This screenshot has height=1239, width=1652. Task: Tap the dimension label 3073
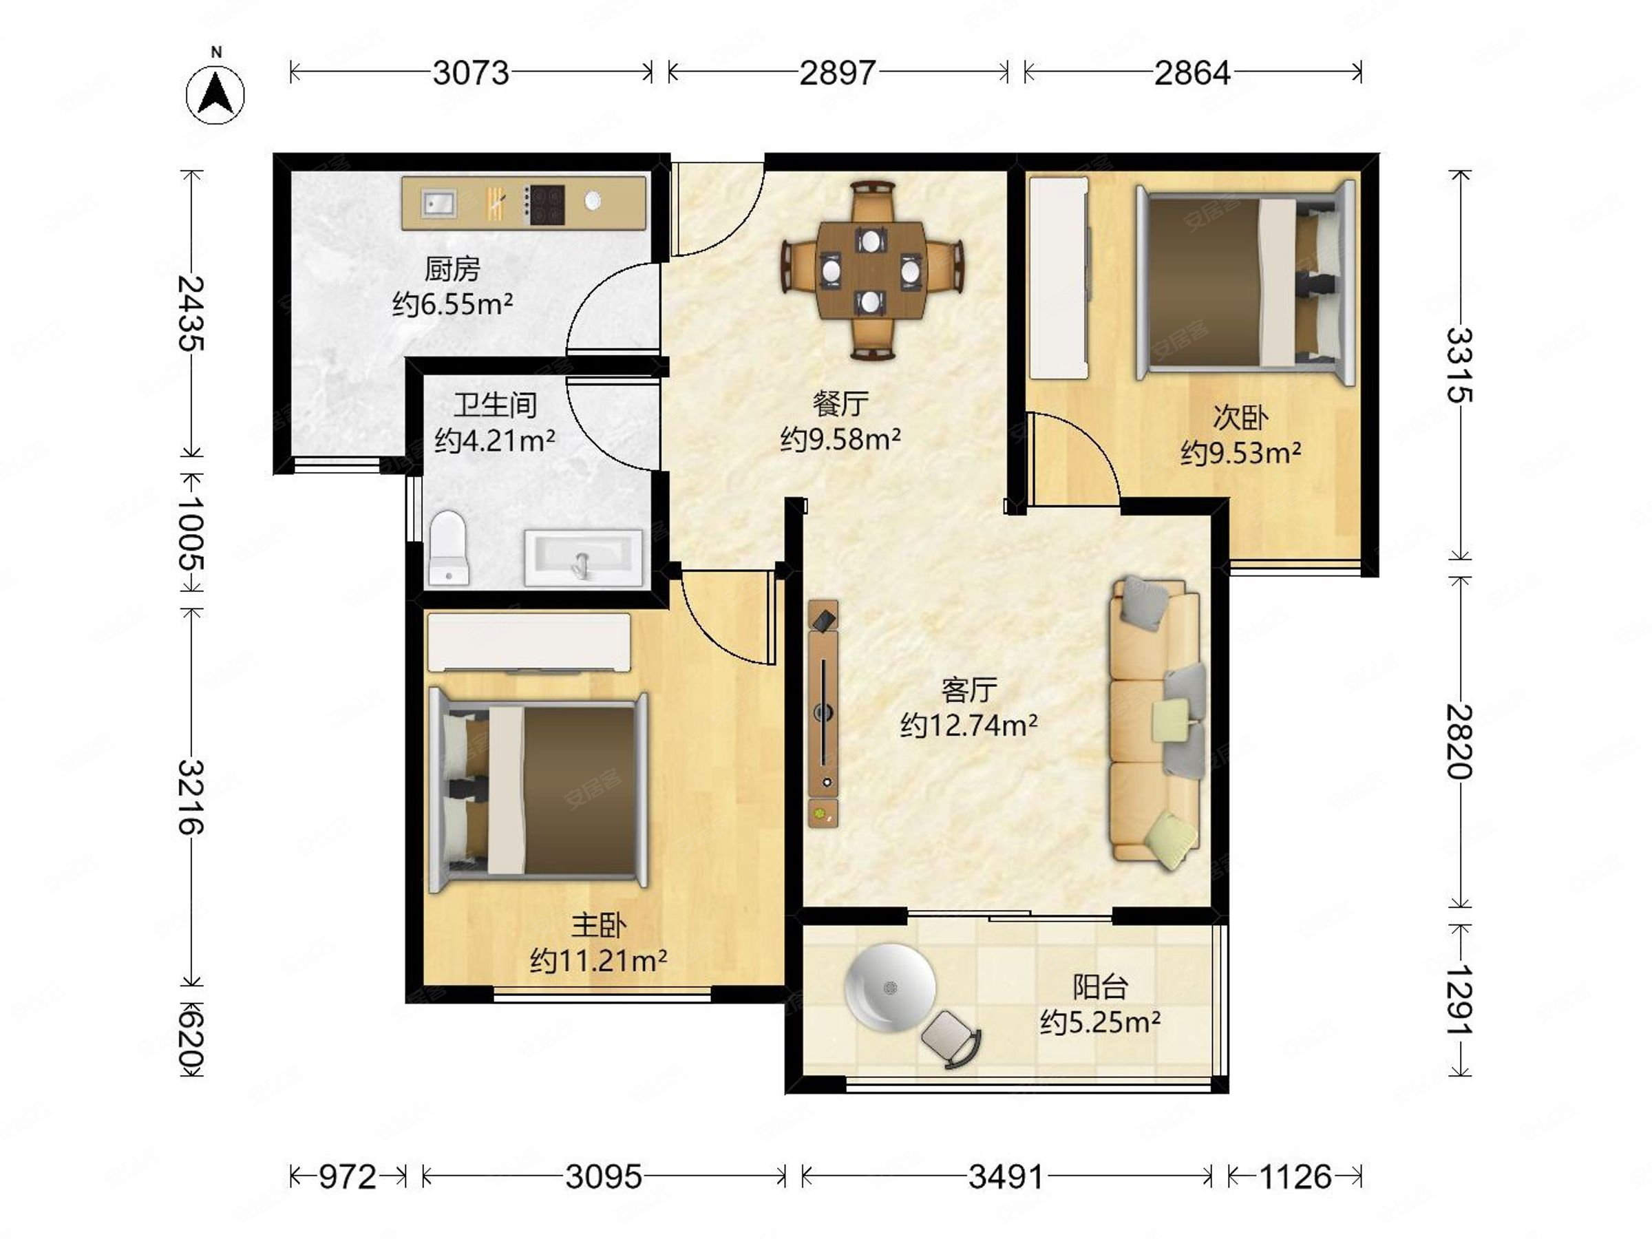tap(471, 73)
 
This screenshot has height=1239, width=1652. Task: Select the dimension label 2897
tap(837, 73)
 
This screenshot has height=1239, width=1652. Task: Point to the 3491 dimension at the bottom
tap(1006, 1177)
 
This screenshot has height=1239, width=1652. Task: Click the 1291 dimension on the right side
tap(1460, 999)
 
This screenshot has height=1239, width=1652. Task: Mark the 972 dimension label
tap(348, 1177)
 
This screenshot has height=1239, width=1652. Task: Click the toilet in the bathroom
tap(448, 548)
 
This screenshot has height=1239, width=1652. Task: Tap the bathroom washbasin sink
tap(582, 557)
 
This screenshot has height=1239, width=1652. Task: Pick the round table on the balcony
tap(889, 987)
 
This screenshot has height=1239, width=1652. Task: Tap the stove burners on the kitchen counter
tap(545, 204)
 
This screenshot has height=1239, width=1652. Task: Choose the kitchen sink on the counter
tap(438, 203)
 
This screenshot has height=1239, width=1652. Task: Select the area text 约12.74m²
tap(968, 724)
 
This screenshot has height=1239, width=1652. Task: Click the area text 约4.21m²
tap(494, 440)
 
